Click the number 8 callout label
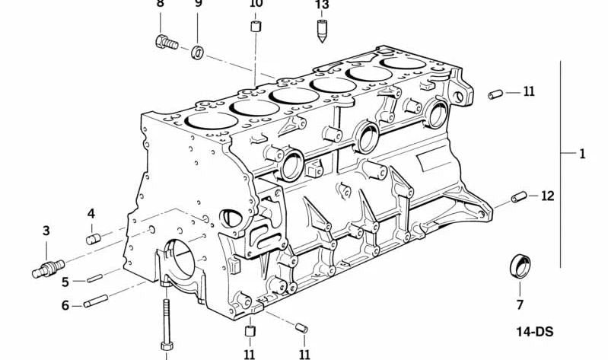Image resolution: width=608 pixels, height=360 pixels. tap(160, 4)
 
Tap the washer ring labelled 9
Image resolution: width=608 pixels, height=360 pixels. tap(196, 52)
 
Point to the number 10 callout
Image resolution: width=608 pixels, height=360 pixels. tap(256, 4)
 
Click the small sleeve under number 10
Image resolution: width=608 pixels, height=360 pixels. tap(256, 29)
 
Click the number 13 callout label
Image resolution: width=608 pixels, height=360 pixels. tap(323, 5)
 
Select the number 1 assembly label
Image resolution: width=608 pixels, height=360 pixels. tap(582, 155)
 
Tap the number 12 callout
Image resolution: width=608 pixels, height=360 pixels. tap(548, 196)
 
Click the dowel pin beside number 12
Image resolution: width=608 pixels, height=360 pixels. tap(520, 198)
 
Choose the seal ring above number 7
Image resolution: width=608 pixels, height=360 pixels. tap(520, 267)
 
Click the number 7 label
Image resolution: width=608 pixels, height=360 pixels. tap(520, 305)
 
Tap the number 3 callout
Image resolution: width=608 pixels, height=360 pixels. tap(46, 231)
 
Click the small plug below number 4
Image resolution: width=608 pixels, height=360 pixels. tap(93, 239)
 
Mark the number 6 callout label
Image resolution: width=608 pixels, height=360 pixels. tap(65, 305)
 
